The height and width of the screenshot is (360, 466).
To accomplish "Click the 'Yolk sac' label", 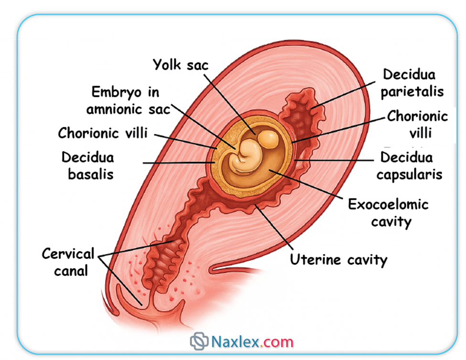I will point(180,65).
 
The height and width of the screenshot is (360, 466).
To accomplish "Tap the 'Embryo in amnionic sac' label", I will point(128,100).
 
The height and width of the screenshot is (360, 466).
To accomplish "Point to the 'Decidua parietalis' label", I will point(412,83).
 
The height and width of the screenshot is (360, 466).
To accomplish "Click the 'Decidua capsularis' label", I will point(409,165).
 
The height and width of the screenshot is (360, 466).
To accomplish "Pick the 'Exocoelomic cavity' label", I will point(388,213).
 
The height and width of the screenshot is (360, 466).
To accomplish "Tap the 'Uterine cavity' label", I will point(338,260).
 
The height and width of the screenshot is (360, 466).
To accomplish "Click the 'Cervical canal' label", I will point(68,262).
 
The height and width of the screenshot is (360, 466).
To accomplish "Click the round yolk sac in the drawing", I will point(267,139).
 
